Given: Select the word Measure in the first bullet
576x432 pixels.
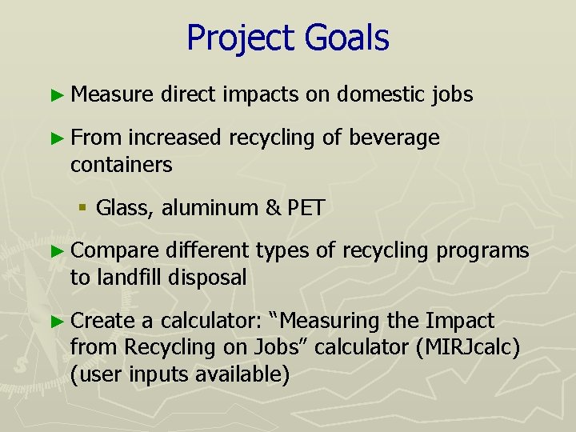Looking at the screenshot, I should [x=110, y=94].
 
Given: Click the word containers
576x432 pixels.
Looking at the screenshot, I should [x=121, y=165].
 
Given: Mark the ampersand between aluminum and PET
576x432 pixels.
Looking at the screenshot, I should [x=271, y=208].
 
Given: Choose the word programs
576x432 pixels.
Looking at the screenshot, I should [x=482, y=251].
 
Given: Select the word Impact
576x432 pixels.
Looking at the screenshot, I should [x=461, y=321].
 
